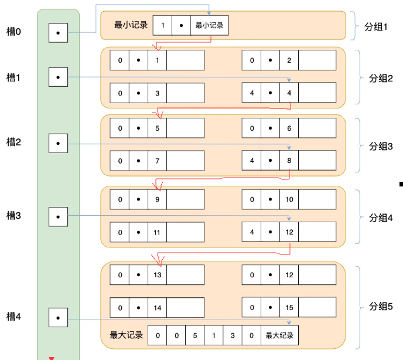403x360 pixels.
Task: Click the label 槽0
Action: click(13, 32)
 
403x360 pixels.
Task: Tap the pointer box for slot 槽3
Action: click(59, 217)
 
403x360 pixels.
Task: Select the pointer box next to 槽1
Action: click(59, 77)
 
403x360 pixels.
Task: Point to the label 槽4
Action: click(13, 316)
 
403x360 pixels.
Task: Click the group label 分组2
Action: click(381, 78)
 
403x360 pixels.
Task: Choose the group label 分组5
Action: click(381, 306)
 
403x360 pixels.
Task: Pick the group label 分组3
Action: click(381, 146)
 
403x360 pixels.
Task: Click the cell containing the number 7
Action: click(158, 161)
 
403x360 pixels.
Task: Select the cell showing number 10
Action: click(289, 199)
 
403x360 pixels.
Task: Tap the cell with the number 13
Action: click(158, 275)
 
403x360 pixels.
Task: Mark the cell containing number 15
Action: click(289, 307)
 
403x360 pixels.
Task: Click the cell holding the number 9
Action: click(158, 199)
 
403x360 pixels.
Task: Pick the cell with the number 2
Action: click(289, 60)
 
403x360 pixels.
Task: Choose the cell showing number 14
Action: click(158, 308)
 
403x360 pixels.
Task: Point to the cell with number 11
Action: click(158, 232)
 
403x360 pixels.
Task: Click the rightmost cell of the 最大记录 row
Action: click(279, 335)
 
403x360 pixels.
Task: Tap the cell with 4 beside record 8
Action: click(252, 161)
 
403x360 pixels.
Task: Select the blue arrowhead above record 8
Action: click(289, 148)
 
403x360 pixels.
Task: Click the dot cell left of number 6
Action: click(271, 128)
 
